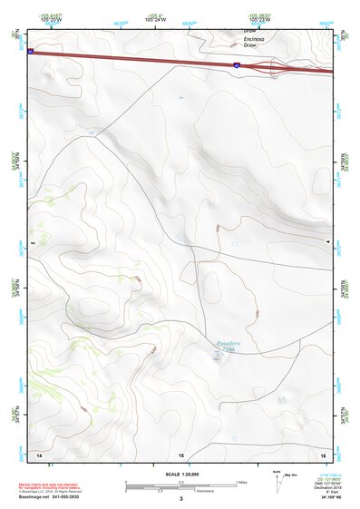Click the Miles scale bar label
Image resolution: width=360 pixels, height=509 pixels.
(241, 482)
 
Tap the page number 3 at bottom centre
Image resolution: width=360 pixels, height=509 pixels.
(180, 499)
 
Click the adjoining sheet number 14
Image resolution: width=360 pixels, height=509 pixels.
(39, 453)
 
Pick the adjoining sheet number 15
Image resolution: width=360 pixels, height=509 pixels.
(180, 453)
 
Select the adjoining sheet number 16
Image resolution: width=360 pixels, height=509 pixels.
(324, 453)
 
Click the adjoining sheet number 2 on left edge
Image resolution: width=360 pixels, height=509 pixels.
(32, 243)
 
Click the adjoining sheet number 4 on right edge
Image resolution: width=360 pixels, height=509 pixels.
(328, 243)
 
